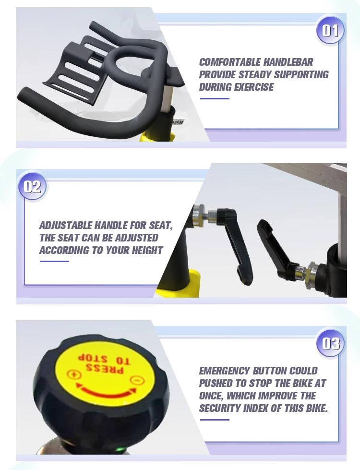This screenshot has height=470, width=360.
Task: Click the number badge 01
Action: point(330,31)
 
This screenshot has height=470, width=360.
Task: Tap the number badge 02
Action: point(33,186)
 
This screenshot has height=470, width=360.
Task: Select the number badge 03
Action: point(331,344)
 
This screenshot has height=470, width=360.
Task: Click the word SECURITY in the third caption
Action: point(223,409)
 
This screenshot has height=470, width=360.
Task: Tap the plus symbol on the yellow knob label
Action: point(73,374)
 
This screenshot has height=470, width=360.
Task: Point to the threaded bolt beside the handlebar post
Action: point(178,123)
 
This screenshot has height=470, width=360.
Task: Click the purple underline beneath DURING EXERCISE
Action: point(214,98)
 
